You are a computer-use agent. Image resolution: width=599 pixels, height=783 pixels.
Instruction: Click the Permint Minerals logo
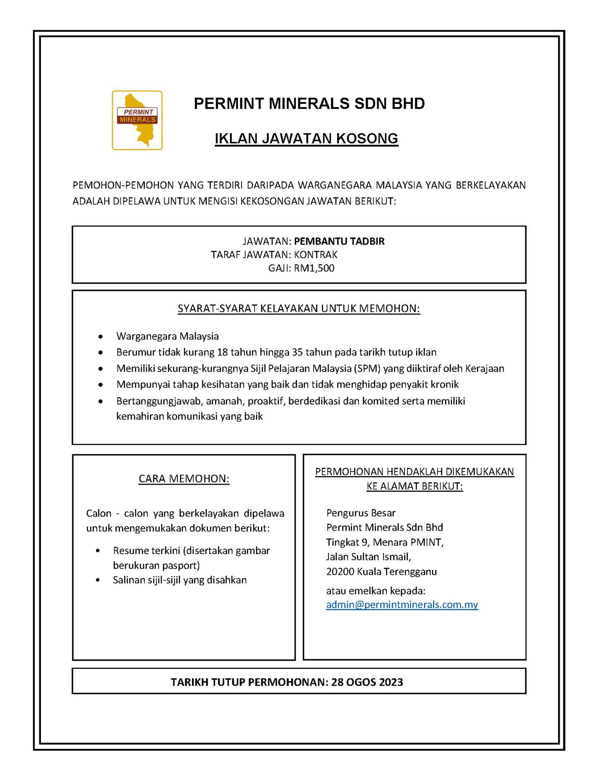click(137, 120)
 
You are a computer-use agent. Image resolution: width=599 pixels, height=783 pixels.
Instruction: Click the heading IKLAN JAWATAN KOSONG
click(306, 138)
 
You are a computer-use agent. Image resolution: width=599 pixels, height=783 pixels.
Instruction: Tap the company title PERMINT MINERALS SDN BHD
click(309, 103)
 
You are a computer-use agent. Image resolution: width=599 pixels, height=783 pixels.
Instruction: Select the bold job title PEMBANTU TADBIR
click(339, 241)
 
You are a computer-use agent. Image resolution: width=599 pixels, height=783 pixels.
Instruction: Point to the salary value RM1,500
click(314, 268)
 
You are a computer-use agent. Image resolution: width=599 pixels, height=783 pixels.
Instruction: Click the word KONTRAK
click(316, 254)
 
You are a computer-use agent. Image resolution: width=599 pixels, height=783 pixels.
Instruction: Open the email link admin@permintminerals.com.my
click(402, 605)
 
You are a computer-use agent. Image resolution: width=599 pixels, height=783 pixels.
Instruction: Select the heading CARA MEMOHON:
click(184, 479)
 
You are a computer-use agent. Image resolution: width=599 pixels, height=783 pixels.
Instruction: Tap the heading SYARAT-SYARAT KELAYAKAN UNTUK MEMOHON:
click(299, 309)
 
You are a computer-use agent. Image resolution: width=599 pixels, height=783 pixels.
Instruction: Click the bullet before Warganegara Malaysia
click(101, 336)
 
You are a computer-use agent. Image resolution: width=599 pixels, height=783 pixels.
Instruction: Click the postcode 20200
click(340, 572)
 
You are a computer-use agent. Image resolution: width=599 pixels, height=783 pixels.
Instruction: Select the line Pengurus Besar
click(361, 513)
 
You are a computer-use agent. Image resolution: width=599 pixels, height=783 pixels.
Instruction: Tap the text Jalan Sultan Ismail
click(368, 557)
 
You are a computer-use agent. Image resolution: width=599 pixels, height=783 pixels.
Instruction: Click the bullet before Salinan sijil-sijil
click(98, 580)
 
